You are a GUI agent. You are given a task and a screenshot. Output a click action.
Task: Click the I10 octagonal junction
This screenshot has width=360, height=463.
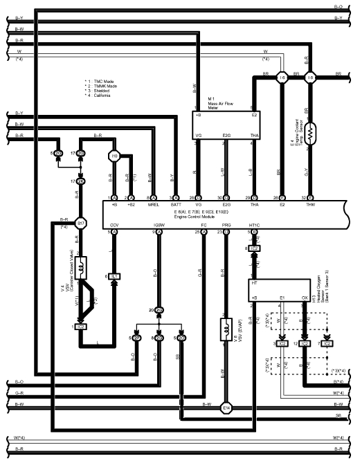(115, 156)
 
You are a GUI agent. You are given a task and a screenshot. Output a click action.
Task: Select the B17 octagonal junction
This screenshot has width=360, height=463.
(81, 224)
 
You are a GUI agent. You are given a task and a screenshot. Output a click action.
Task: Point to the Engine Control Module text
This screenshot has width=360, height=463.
(206, 217)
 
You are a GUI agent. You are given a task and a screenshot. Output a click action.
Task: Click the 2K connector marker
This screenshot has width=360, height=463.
(81, 181)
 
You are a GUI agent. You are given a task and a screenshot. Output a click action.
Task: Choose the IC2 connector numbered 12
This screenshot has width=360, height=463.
(305, 343)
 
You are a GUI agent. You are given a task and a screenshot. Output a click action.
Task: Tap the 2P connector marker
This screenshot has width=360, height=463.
(159, 310)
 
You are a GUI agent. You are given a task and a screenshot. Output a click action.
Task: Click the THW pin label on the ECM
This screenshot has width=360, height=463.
(311, 206)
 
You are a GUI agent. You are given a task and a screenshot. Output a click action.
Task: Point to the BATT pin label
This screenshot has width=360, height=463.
(175, 206)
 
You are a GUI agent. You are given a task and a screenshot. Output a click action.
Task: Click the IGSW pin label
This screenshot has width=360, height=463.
(159, 225)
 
